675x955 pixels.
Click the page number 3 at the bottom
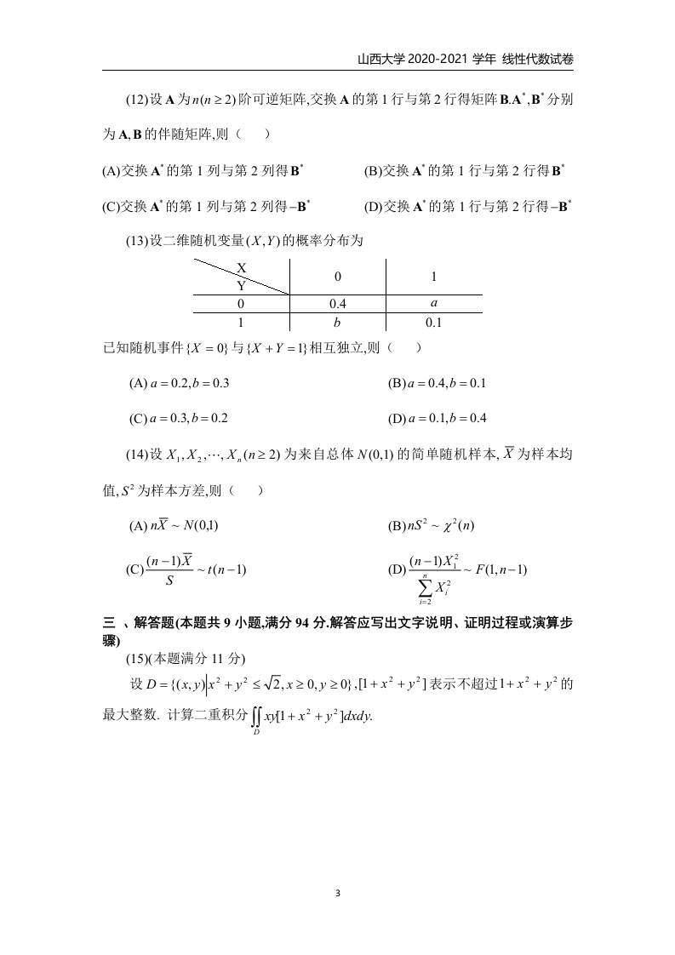point(338,893)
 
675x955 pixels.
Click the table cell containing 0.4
point(338,304)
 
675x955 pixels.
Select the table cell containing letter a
point(434,303)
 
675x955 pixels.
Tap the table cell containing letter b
point(338,323)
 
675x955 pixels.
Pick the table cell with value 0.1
point(434,323)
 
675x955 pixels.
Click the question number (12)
point(137,100)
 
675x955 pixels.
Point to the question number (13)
point(137,241)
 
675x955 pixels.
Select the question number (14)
point(137,455)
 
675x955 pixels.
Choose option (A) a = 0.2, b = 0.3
point(179,383)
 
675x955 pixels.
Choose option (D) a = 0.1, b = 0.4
point(437,418)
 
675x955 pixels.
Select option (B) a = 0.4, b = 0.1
point(437,383)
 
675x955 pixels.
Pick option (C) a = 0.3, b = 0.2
point(179,418)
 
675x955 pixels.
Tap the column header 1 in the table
point(434,276)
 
